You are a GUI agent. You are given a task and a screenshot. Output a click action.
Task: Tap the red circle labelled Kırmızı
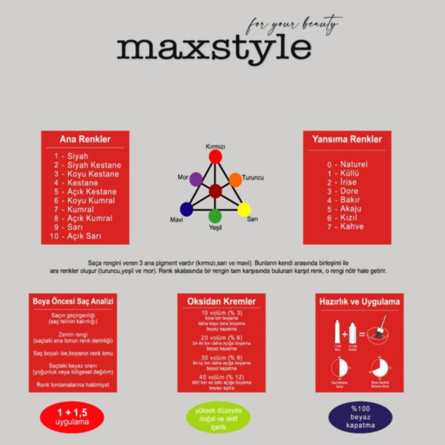pos(215,156)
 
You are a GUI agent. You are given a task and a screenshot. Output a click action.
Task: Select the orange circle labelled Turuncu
pos(235,179)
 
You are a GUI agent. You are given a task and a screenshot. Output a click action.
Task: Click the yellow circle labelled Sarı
pos(244,209)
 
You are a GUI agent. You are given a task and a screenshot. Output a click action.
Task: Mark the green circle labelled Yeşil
pos(215,216)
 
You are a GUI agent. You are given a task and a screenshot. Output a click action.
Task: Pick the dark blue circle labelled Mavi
pos(186,209)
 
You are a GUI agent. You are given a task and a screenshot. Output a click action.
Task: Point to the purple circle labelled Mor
pos(196,179)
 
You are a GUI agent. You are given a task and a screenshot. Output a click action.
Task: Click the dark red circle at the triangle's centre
pos(215,191)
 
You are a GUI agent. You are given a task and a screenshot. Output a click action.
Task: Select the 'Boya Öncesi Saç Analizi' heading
pos(71,302)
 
